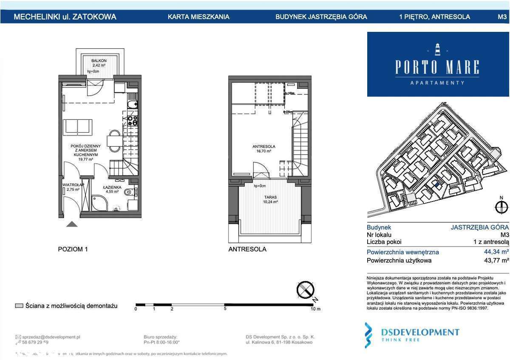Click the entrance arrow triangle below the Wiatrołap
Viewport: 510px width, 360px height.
pos(72,224)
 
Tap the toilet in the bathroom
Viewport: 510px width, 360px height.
pos(130,193)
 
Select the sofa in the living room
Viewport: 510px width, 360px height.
pos(77,127)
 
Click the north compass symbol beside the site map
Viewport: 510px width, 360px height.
pos(501,208)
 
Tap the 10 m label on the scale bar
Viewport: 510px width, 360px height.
pos(315,309)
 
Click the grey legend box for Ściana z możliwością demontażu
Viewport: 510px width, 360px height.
pos(19,306)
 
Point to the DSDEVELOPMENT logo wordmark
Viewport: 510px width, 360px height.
pos(420,332)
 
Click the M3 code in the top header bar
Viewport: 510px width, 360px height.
pos(502,17)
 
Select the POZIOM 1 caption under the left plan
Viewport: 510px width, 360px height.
pos(73,249)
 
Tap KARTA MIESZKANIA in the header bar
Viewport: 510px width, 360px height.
pos(198,17)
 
